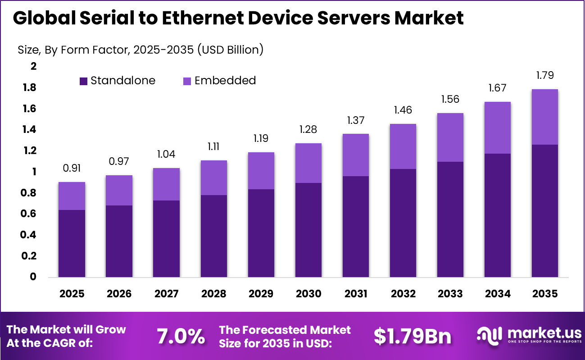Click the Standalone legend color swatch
coord(84,81)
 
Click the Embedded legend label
coord(225,81)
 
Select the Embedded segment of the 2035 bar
coord(544,117)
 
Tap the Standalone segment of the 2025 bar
coord(72,243)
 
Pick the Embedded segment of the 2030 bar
coord(308,163)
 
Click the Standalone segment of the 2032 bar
coord(403,223)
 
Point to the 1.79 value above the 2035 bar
coord(544,75)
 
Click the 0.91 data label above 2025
coord(72,168)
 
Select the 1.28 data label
coord(308,130)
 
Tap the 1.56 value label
coord(450,99)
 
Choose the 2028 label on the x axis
coord(213,294)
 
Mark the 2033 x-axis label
coord(450,294)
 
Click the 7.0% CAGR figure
coord(180,336)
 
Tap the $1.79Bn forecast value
coord(412,336)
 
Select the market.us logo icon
coord(490,336)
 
